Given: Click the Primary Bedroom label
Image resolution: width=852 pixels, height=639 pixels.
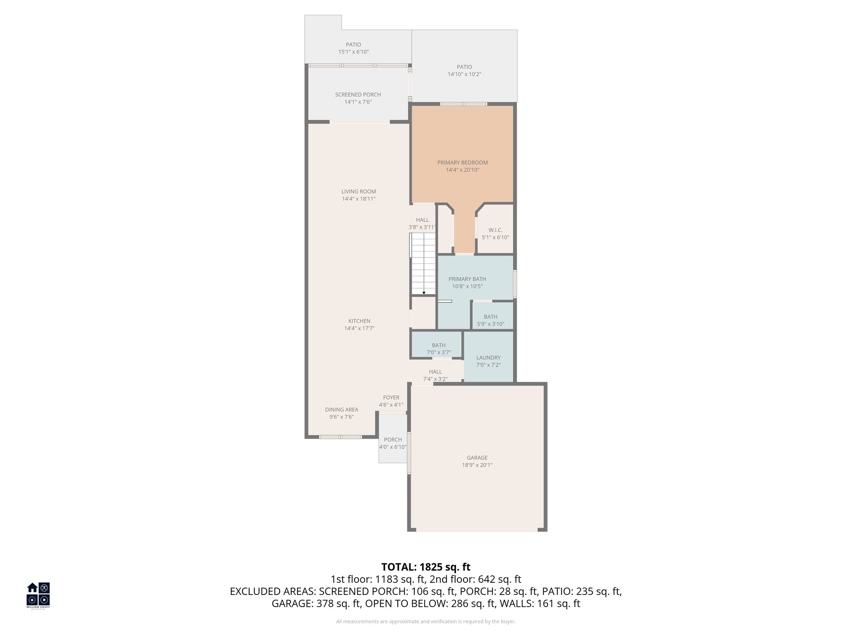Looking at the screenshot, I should click(462, 163).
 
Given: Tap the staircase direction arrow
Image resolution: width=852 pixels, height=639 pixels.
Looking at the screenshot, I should click(424, 293).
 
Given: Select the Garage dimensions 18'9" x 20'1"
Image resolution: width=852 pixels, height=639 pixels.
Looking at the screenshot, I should click(477, 465).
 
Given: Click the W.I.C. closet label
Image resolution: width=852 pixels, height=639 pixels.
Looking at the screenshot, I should click(495, 230).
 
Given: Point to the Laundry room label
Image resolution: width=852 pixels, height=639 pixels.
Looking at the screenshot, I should click(488, 358).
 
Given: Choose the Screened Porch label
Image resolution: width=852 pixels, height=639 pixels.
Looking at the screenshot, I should click(358, 94).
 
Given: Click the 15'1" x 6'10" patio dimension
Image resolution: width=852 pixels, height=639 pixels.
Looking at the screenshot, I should click(353, 52).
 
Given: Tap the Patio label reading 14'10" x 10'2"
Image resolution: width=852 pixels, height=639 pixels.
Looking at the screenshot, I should click(464, 67).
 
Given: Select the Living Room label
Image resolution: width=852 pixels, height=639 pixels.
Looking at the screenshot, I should click(358, 192).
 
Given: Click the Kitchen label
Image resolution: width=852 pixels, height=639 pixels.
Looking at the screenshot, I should click(359, 321).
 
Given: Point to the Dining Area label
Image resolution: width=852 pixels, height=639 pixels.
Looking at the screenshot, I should click(341, 410).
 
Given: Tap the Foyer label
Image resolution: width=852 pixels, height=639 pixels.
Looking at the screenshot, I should click(391, 398).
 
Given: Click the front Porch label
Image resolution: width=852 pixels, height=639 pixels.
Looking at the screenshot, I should click(393, 440).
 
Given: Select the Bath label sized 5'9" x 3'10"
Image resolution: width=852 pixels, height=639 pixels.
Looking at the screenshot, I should click(490, 317).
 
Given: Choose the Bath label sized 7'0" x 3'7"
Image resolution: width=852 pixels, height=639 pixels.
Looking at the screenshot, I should click(438, 345).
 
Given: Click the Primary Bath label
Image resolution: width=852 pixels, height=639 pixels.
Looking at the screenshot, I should click(467, 279).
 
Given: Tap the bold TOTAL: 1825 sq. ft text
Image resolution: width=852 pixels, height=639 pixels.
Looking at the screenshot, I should click(426, 567).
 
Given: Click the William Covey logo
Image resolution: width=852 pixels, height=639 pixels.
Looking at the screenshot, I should click(38, 594).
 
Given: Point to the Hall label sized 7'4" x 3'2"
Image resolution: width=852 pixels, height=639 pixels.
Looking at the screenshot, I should click(435, 372).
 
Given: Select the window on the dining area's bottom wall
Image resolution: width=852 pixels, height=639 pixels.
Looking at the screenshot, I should click(340, 437).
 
